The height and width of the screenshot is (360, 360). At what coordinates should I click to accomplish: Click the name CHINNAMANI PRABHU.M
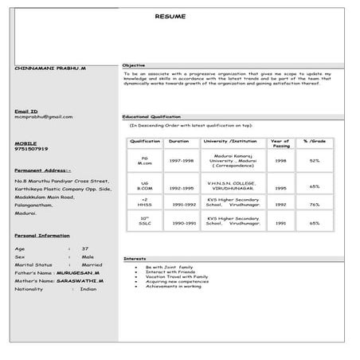(50, 69)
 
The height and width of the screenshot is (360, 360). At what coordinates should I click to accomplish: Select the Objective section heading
(133, 65)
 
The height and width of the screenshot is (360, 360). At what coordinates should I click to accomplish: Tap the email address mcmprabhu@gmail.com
(43, 117)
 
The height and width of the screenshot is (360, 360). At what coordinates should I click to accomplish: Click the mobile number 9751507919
(31, 149)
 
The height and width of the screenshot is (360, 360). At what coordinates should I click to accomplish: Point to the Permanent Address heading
(42, 170)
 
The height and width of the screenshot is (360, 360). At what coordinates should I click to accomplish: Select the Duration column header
(179, 141)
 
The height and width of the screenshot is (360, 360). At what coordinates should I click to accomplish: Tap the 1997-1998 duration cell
(181, 161)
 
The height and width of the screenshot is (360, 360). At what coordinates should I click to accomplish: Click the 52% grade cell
(315, 161)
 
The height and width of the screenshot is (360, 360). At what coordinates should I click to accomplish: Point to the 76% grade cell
(315, 204)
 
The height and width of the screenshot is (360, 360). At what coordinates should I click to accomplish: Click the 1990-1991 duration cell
(184, 223)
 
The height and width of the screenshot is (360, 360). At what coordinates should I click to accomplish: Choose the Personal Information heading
(42, 237)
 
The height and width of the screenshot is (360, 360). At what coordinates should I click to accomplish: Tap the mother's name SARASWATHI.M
(80, 281)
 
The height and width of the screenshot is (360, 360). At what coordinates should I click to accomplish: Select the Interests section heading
(135, 259)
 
